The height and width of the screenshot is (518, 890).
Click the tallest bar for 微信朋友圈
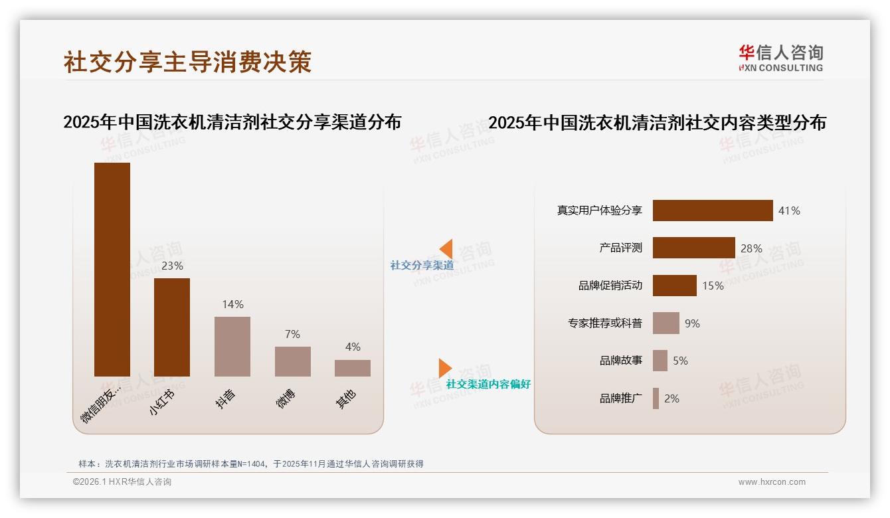point(112,269)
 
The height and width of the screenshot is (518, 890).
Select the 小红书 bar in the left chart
point(172,327)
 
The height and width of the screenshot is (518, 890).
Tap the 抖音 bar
point(232,346)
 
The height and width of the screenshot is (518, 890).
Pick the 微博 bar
point(293,361)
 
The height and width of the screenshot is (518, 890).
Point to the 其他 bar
point(353,368)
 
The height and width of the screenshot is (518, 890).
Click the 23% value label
point(172,266)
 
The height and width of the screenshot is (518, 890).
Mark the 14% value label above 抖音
point(232,304)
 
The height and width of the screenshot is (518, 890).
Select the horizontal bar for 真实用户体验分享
point(713,211)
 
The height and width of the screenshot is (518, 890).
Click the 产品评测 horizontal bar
point(693,248)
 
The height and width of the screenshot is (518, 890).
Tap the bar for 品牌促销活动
point(674,286)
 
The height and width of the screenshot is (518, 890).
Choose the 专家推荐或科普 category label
point(604,323)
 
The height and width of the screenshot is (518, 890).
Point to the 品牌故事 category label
point(620,361)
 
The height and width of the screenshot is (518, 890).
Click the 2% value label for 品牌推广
point(671,398)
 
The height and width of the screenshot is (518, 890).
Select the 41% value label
point(789,211)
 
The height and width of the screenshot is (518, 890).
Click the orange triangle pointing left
point(446,248)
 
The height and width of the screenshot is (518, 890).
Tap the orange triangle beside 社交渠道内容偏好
point(444,368)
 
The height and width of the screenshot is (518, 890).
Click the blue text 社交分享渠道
point(422,265)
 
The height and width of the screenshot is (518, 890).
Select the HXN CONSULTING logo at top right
point(780,58)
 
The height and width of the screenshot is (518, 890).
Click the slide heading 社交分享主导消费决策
point(187,62)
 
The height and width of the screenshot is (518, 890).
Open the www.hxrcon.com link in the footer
point(772,482)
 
